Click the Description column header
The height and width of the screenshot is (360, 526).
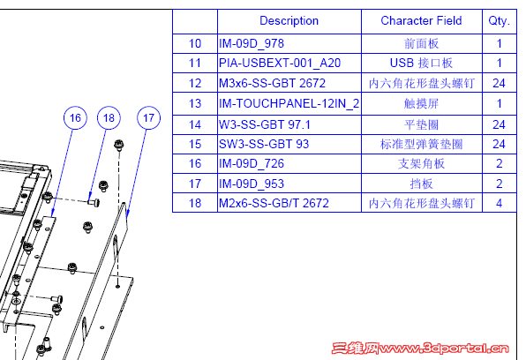point(289,21)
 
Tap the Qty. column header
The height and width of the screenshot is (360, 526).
point(500,21)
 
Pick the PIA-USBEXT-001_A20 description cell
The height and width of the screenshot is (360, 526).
point(278,64)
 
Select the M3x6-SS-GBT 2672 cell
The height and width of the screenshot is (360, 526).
point(271,84)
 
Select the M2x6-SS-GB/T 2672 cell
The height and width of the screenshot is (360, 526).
point(274,204)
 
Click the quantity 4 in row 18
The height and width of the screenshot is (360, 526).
point(500,204)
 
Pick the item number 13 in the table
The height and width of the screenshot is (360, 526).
point(195,104)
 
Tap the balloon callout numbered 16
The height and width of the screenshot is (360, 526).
point(75,117)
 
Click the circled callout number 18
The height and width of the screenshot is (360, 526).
point(108,117)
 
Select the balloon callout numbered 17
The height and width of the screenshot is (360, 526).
point(148,117)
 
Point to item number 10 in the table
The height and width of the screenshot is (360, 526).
point(195,43)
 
